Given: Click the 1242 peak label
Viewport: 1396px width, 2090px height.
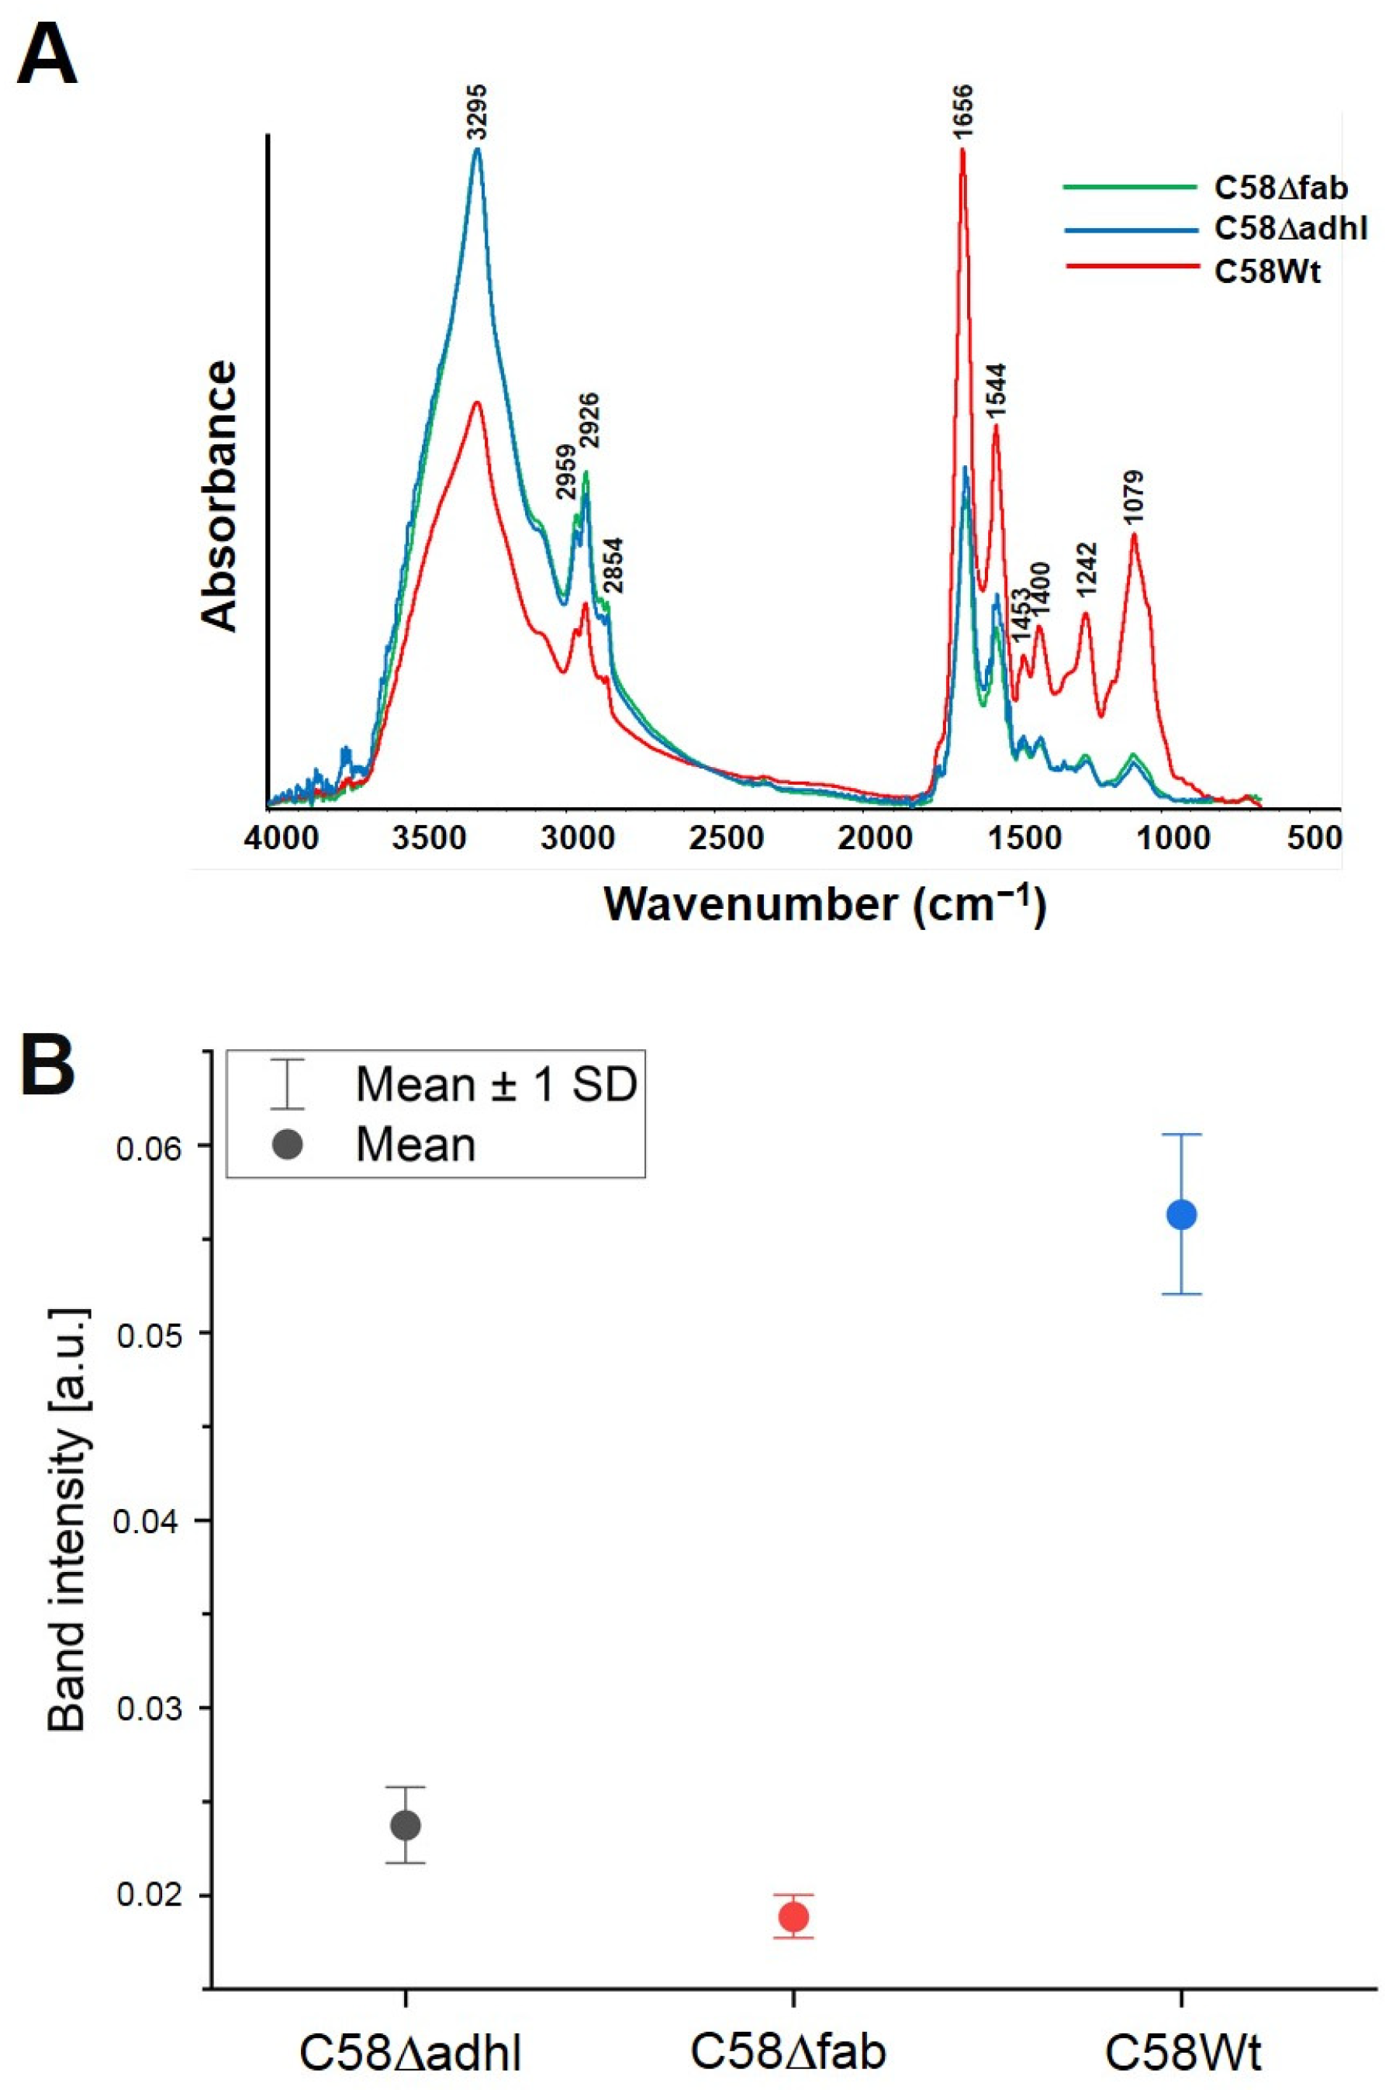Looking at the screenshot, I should point(1087,570).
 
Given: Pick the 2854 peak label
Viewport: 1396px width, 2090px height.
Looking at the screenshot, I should point(613,565).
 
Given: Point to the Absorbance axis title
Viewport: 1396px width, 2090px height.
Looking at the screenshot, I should point(219,496).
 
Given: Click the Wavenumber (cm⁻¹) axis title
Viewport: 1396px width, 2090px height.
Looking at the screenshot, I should point(824,904).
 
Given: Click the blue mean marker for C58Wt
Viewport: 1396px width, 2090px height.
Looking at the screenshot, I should point(1181,1214).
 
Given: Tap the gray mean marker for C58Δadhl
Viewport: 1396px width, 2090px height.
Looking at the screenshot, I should point(406,1825).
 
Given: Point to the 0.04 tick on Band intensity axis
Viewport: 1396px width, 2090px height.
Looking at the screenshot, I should point(149,1520).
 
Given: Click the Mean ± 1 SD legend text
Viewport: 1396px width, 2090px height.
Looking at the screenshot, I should point(496,1083).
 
